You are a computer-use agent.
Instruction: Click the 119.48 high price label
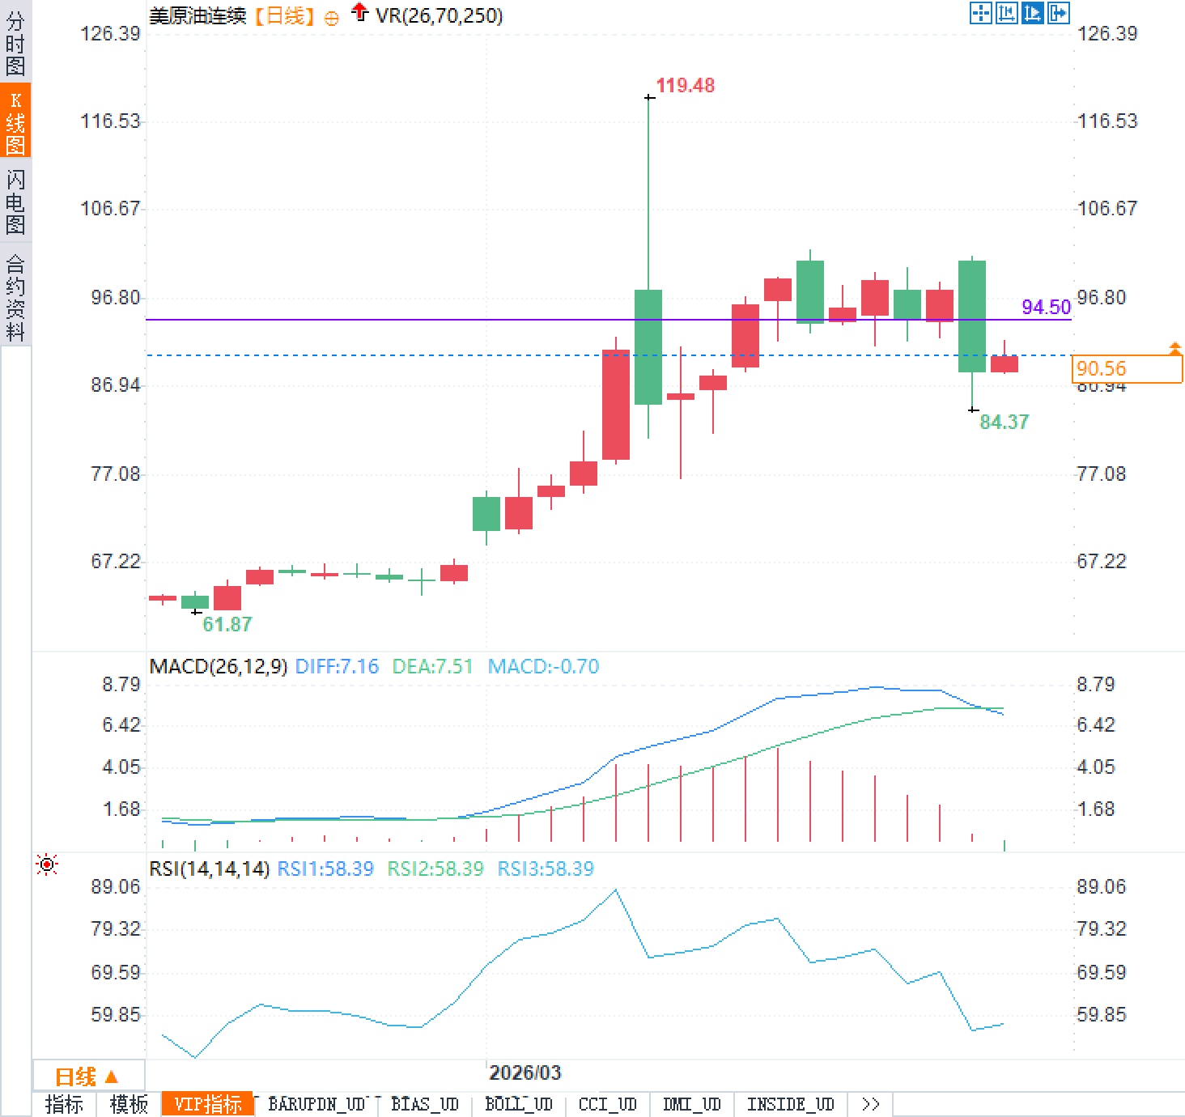click(685, 86)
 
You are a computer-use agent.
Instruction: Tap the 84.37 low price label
click(1004, 422)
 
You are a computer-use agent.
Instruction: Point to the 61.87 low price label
click(227, 624)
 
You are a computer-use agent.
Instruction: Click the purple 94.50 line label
click(1046, 307)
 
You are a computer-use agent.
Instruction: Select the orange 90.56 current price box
click(1126, 369)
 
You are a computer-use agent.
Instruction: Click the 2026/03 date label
click(525, 1072)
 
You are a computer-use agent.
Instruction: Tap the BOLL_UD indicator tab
click(518, 1104)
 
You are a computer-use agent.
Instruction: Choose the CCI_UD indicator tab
click(607, 1104)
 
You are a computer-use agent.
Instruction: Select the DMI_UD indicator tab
click(691, 1104)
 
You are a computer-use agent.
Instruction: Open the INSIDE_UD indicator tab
click(790, 1104)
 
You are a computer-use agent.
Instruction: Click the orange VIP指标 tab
click(208, 1104)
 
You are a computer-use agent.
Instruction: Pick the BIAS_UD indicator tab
click(424, 1104)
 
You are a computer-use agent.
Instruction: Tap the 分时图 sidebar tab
click(15, 44)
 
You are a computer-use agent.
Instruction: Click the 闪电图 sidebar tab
click(15, 202)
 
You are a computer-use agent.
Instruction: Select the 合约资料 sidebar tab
click(15, 297)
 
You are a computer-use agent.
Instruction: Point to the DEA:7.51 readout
click(432, 667)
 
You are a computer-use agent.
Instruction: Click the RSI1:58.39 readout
click(325, 869)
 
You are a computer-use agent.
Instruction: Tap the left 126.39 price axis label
click(110, 34)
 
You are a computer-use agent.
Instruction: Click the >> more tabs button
click(870, 1104)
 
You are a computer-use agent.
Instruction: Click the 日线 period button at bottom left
click(86, 1077)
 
